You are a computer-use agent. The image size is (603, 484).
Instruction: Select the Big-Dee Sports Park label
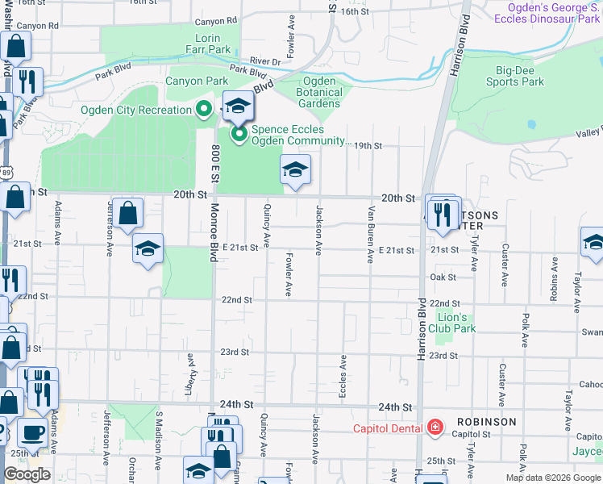tap(514, 76)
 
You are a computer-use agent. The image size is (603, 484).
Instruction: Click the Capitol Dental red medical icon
tap(435, 427)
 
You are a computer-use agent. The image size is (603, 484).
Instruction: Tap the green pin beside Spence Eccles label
tap(239, 135)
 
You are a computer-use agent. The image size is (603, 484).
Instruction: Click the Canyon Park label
tap(197, 81)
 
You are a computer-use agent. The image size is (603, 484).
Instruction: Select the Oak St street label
tap(443, 277)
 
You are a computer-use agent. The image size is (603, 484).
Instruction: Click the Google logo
tap(27, 474)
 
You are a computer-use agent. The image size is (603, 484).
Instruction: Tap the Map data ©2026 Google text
tap(554, 478)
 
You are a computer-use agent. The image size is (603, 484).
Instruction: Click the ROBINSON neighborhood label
tap(486, 422)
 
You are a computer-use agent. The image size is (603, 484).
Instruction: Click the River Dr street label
tap(264, 60)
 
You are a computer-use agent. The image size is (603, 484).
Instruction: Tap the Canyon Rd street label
tap(38, 26)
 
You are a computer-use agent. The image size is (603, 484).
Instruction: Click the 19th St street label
tap(368, 146)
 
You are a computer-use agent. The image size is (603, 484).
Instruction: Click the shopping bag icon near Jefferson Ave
tap(127, 214)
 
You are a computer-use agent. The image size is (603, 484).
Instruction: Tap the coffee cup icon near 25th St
tap(32, 433)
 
